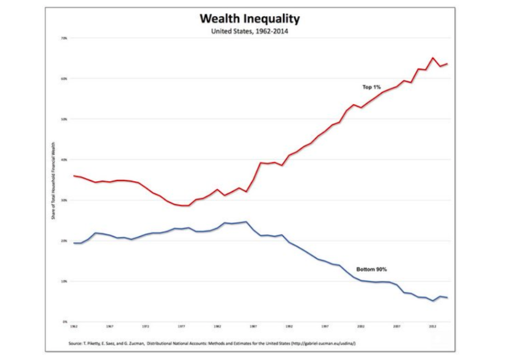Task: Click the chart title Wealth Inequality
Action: [x=250, y=18]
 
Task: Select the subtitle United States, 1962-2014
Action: [x=250, y=32]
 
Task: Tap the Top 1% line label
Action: [x=371, y=87]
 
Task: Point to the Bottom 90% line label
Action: [x=371, y=269]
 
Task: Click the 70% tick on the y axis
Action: [x=64, y=38]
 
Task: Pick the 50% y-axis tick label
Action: [x=64, y=119]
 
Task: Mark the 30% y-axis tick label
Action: [x=64, y=200]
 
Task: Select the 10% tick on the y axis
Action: [x=64, y=281]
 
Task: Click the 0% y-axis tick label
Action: [x=65, y=321]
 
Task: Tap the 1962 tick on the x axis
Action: [x=74, y=326]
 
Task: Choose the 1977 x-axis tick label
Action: [x=182, y=326]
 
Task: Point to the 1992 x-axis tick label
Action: [x=290, y=326]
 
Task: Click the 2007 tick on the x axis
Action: [x=397, y=326]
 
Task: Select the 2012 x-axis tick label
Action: [x=433, y=326]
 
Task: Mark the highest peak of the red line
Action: [x=433, y=58]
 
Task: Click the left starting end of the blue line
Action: [x=74, y=243]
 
